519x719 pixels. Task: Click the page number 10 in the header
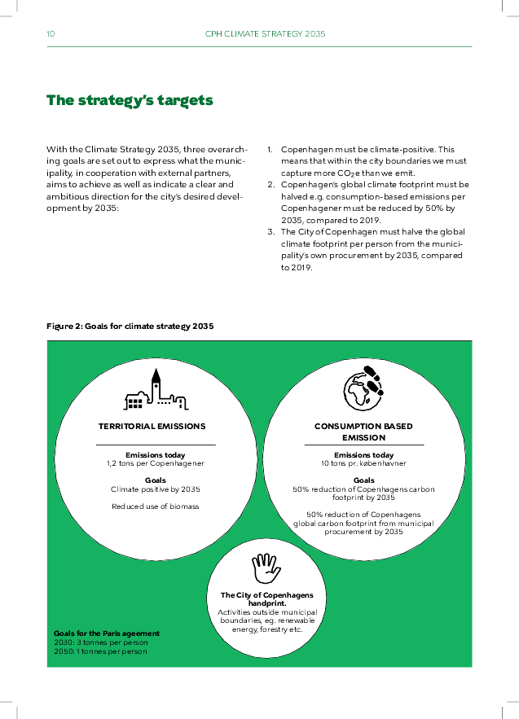(x=51, y=34)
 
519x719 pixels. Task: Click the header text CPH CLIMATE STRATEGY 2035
(x=265, y=34)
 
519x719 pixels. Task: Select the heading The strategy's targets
(x=130, y=101)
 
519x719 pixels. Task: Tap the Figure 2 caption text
(x=130, y=327)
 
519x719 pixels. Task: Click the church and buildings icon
(x=156, y=389)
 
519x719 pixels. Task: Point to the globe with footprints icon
(x=363, y=391)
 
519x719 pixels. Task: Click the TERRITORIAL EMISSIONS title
(x=152, y=426)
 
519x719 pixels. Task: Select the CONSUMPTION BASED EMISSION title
(x=363, y=432)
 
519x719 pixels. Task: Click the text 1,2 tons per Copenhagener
(x=155, y=463)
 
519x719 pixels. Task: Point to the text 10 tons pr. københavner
(x=363, y=463)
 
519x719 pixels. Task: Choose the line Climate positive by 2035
(x=155, y=489)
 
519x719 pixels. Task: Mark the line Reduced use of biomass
(x=155, y=506)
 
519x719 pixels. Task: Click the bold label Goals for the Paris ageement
(x=107, y=633)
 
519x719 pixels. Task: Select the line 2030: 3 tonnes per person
(x=100, y=642)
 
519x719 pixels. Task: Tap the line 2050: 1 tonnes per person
(x=100, y=651)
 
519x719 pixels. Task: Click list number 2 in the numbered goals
(x=270, y=185)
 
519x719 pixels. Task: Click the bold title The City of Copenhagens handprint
(x=266, y=598)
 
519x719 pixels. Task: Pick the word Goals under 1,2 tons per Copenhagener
(x=155, y=480)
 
